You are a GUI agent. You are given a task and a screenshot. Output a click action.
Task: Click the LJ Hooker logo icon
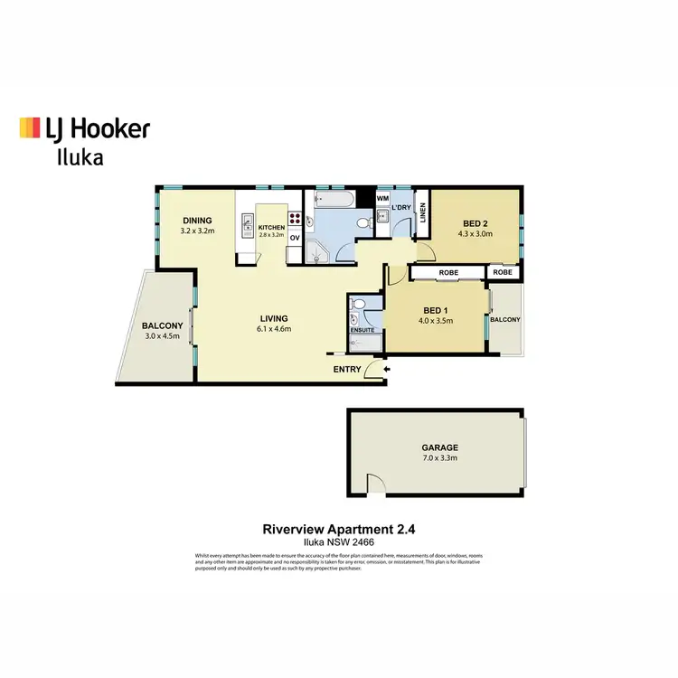point(30,127)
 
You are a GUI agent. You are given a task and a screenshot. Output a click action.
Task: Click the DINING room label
point(197,221)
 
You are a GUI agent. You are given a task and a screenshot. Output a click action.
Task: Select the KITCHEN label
point(271,228)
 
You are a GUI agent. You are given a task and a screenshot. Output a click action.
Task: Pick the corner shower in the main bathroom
point(316,251)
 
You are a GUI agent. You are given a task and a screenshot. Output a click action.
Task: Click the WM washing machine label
point(382,198)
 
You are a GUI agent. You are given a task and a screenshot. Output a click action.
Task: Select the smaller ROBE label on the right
point(503,271)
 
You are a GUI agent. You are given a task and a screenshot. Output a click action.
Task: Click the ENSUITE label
point(364,330)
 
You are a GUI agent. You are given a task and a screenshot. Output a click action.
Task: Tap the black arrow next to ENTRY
point(387,369)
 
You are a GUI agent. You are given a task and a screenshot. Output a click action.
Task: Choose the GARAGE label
point(439,447)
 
